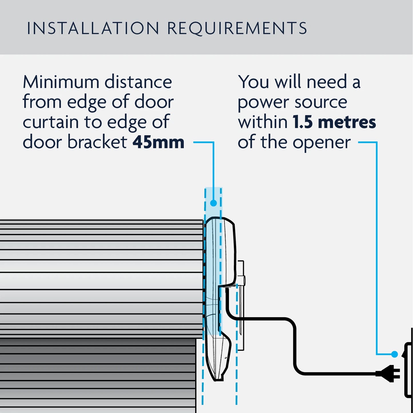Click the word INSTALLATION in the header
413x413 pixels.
tap(93, 28)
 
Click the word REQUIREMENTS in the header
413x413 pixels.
tap(237, 28)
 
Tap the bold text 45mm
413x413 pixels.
tap(158, 142)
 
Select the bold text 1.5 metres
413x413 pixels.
tap(334, 122)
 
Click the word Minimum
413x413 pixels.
tap(61, 82)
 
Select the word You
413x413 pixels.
tap(254, 82)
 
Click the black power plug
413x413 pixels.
tap(389, 373)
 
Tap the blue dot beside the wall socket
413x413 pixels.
tap(394, 354)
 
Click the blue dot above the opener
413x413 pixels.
tap(214, 203)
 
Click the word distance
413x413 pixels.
tap(138, 82)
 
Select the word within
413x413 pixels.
tap(263, 122)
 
